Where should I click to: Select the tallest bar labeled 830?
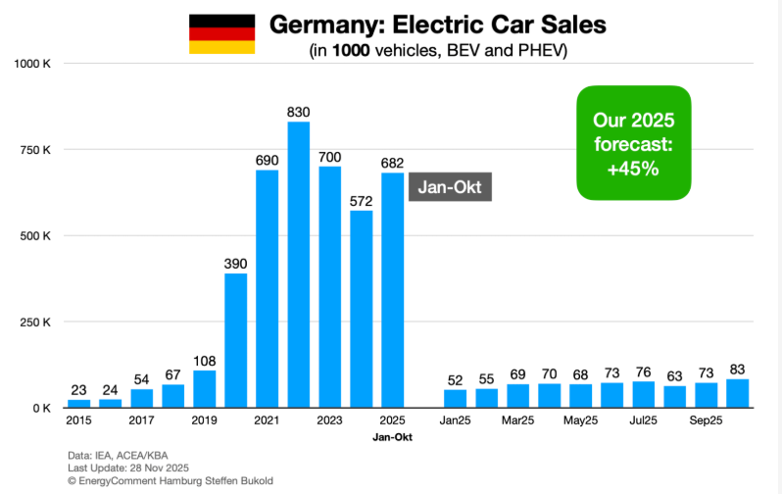[x=298, y=265]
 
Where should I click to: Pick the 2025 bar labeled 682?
[x=392, y=290]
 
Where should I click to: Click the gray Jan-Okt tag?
[x=450, y=186]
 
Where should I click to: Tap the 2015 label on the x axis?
[x=79, y=420]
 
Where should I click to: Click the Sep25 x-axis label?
[x=706, y=420]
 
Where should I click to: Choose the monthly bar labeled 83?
[x=737, y=393]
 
